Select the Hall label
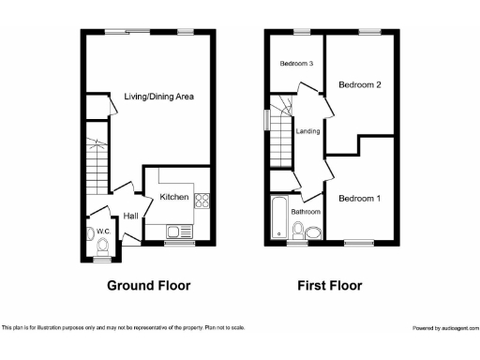130,217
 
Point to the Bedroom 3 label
295,64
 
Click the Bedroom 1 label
359,199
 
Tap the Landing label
307,131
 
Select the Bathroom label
306,212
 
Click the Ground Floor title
148,286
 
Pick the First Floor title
329,286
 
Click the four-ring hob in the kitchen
202,198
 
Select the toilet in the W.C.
103,245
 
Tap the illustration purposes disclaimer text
123,327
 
